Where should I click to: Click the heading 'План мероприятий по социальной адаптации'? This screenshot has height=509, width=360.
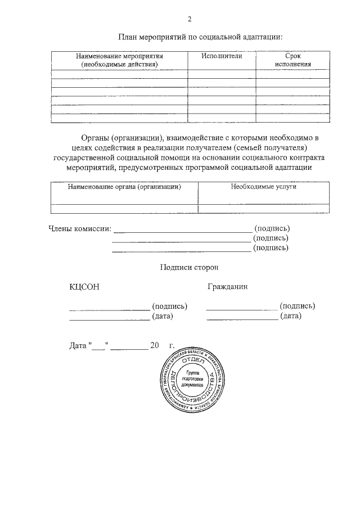click(x=200, y=37)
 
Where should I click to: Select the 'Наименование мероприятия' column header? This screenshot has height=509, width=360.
click(x=119, y=60)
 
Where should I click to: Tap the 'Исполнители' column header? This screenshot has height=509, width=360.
click(x=222, y=56)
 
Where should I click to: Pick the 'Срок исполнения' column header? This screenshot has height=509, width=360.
click(x=293, y=60)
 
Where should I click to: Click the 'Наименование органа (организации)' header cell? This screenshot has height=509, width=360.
click(x=124, y=187)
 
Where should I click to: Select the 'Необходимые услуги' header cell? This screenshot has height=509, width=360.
click(x=263, y=187)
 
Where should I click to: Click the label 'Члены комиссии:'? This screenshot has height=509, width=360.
click(x=79, y=228)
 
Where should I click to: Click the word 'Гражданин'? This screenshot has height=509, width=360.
click(x=227, y=286)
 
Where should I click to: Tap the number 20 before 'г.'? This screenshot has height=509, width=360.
click(x=155, y=345)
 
